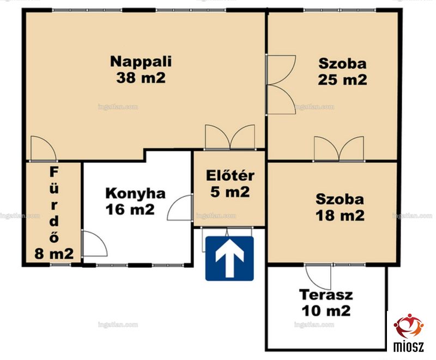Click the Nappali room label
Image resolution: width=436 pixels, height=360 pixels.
click(x=141, y=62)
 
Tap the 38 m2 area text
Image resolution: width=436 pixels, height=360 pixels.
click(x=141, y=78)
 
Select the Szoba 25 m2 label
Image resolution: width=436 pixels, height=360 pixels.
click(x=342, y=72)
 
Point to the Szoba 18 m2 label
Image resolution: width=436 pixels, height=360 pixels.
click(x=340, y=208)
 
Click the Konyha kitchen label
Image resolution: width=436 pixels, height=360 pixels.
click(x=135, y=193)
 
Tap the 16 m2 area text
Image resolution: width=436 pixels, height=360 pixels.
click(x=130, y=210)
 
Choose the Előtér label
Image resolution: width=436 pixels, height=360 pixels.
click(x=230, y=175)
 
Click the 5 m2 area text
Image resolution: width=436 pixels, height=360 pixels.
click(x=230, y=192)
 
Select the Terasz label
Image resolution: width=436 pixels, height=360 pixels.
click(x=326, y=295)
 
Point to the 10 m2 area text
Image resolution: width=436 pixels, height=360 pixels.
click(x=326, y=311)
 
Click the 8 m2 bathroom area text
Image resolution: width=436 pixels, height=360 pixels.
click(x=54, y=253)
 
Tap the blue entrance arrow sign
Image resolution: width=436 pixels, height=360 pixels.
click(x=229, y=258)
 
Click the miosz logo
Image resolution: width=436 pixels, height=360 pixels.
click(x=408, y=332)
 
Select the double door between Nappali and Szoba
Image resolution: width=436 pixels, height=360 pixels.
click(x=280, y=85)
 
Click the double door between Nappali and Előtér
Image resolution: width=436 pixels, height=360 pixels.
click(x=230, y=137)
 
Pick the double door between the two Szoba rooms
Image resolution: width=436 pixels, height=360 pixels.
click(x=339, y=149)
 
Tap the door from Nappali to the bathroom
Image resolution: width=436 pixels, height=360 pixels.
click(x=44, y=149)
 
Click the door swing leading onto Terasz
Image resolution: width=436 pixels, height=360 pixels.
click(x=318, y=276)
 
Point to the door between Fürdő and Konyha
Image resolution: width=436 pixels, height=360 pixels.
click(x=94, y=243)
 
